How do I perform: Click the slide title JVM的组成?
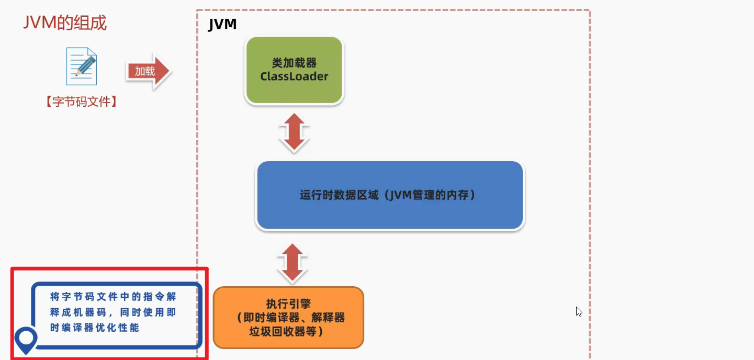[65, 22]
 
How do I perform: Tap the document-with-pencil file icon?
[81, 66]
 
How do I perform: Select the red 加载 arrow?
[148, 72]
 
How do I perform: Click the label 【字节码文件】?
[81, 102]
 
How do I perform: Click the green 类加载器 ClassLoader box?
[294, 70]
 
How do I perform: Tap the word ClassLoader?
[294, 76]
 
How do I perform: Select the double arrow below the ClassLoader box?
[294, 132]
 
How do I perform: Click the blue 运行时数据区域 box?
[390, 196]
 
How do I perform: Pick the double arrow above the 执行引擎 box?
[292, 263]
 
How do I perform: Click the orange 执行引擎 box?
[288, 318]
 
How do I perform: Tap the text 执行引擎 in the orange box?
[288, 305]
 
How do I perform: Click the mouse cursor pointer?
[579, 311]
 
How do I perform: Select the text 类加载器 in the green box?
[294, 63]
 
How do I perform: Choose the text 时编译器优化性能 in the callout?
[95, 328]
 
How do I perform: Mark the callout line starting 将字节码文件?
[113, 297]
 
